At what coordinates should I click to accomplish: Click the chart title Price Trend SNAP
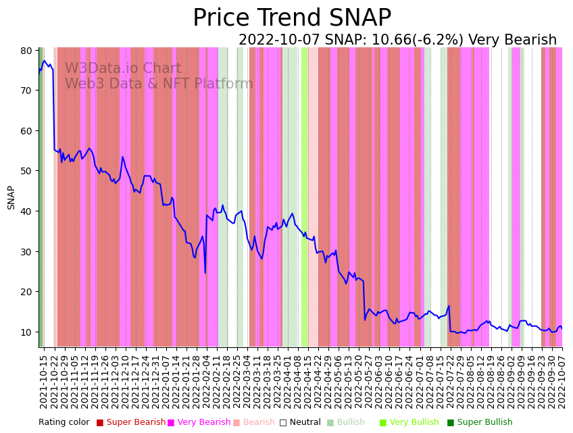(x=292, y=18)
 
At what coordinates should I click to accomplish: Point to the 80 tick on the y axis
(x=27, y=51)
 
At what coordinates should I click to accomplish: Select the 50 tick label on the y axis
(x=27, y=171)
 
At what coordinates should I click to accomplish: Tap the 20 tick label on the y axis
(x=27, y=292)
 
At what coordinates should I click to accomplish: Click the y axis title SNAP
(x=11, y=197)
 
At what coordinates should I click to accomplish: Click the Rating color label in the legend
(x=64, y=423)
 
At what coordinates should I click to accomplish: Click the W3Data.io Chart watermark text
(x=123, y=69)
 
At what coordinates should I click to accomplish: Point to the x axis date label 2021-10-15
(x=43, y=382)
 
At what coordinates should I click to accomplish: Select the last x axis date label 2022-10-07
(x=561, y=382)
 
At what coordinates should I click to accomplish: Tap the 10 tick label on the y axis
(x=27, y=332)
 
